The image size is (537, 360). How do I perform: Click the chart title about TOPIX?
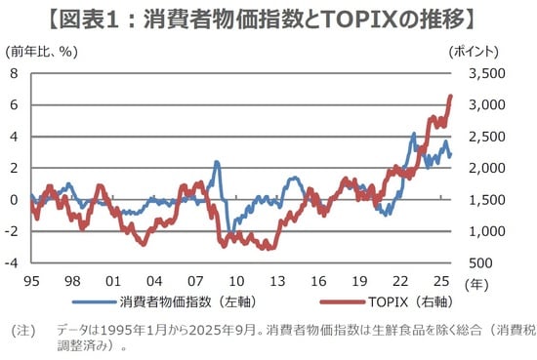268,18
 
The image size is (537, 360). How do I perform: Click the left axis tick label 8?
14,73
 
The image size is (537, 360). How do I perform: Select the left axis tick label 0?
14,200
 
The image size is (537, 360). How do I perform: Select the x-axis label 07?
195,279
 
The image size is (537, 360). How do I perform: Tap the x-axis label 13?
277,279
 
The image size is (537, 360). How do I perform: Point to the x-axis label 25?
442,279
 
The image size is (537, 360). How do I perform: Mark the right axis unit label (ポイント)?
473,51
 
